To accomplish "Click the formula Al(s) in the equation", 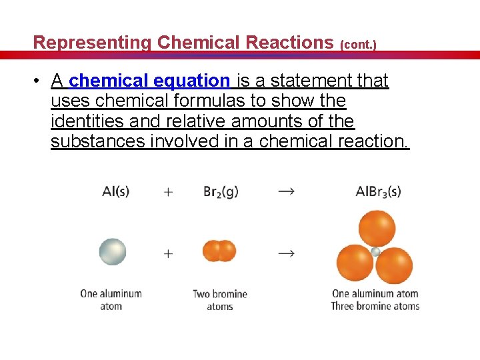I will (115, 191).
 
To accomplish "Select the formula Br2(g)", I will (221, 192).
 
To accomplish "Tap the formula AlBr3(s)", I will (378, 192).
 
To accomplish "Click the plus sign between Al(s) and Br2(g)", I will (168, 192).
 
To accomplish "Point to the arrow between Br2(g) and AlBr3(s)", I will (286, 191).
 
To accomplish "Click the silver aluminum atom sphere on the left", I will (113, 251).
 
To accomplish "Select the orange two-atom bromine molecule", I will (219, 251).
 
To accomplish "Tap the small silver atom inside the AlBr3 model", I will (375, 252).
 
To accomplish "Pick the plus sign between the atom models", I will (168, 253).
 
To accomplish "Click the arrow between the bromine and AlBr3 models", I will (286, 253).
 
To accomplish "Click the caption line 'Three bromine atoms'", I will (375, 307).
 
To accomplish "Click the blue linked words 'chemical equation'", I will (149, 81).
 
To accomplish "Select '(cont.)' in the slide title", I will (358, 45).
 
